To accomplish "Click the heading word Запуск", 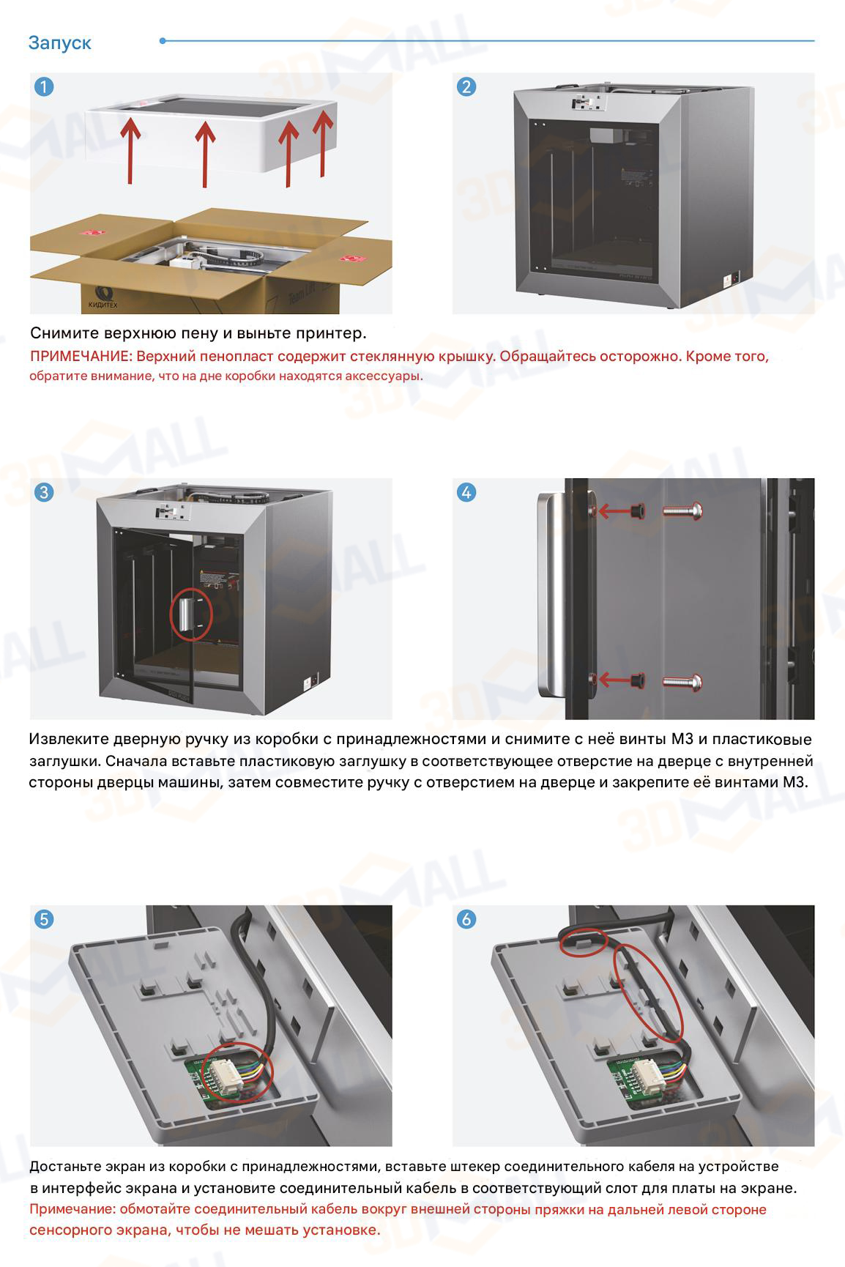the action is pyautogui.click(x=60, y=43).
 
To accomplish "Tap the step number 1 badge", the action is pyautogui.click(x=44, y=86).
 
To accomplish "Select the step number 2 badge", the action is pyautogui.click(x=466, y=86).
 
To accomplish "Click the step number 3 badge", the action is pyautogui.click(x=44, y=491).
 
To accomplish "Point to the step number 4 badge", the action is pyautogui.click(x=466, y=491).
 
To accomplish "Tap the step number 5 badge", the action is pyautogui.click(x=44, y=918).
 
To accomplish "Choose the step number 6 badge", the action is pyautogui.click(x=466, y=918).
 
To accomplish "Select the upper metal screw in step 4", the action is pyautogui.click(x=682, y=510).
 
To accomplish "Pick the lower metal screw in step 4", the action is pyautogui.click(x=682, y=682).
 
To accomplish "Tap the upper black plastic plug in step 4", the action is pyautogui.click(x=636, y=510).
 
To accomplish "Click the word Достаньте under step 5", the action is pyautogui.click(x=67, y=1166).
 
